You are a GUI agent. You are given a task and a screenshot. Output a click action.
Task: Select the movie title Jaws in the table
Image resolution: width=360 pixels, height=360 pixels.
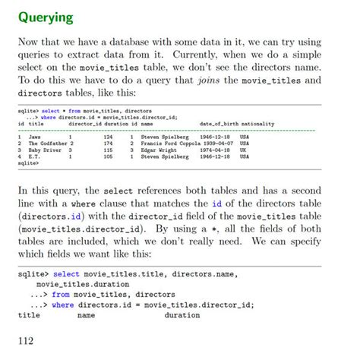coord(35,137)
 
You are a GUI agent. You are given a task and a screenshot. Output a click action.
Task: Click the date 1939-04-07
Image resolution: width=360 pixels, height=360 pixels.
coord(216,144)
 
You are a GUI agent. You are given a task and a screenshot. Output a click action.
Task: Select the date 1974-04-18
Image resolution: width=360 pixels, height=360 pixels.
coord(216,150)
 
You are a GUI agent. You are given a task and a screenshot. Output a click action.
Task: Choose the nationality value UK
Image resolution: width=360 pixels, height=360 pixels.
coord(243,150)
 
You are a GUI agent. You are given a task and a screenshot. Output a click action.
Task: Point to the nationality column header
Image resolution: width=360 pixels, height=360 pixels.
coord(263,124)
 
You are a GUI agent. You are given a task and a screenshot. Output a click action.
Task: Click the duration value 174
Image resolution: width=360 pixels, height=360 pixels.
coord(108,144)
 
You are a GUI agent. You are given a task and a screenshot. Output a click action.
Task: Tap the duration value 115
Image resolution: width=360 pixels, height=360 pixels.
coord(108,150)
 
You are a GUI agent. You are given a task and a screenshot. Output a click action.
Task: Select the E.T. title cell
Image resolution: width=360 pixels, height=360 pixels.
coord(35,156)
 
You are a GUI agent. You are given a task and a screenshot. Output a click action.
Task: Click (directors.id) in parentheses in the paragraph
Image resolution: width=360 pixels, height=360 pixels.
coord(51,216)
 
